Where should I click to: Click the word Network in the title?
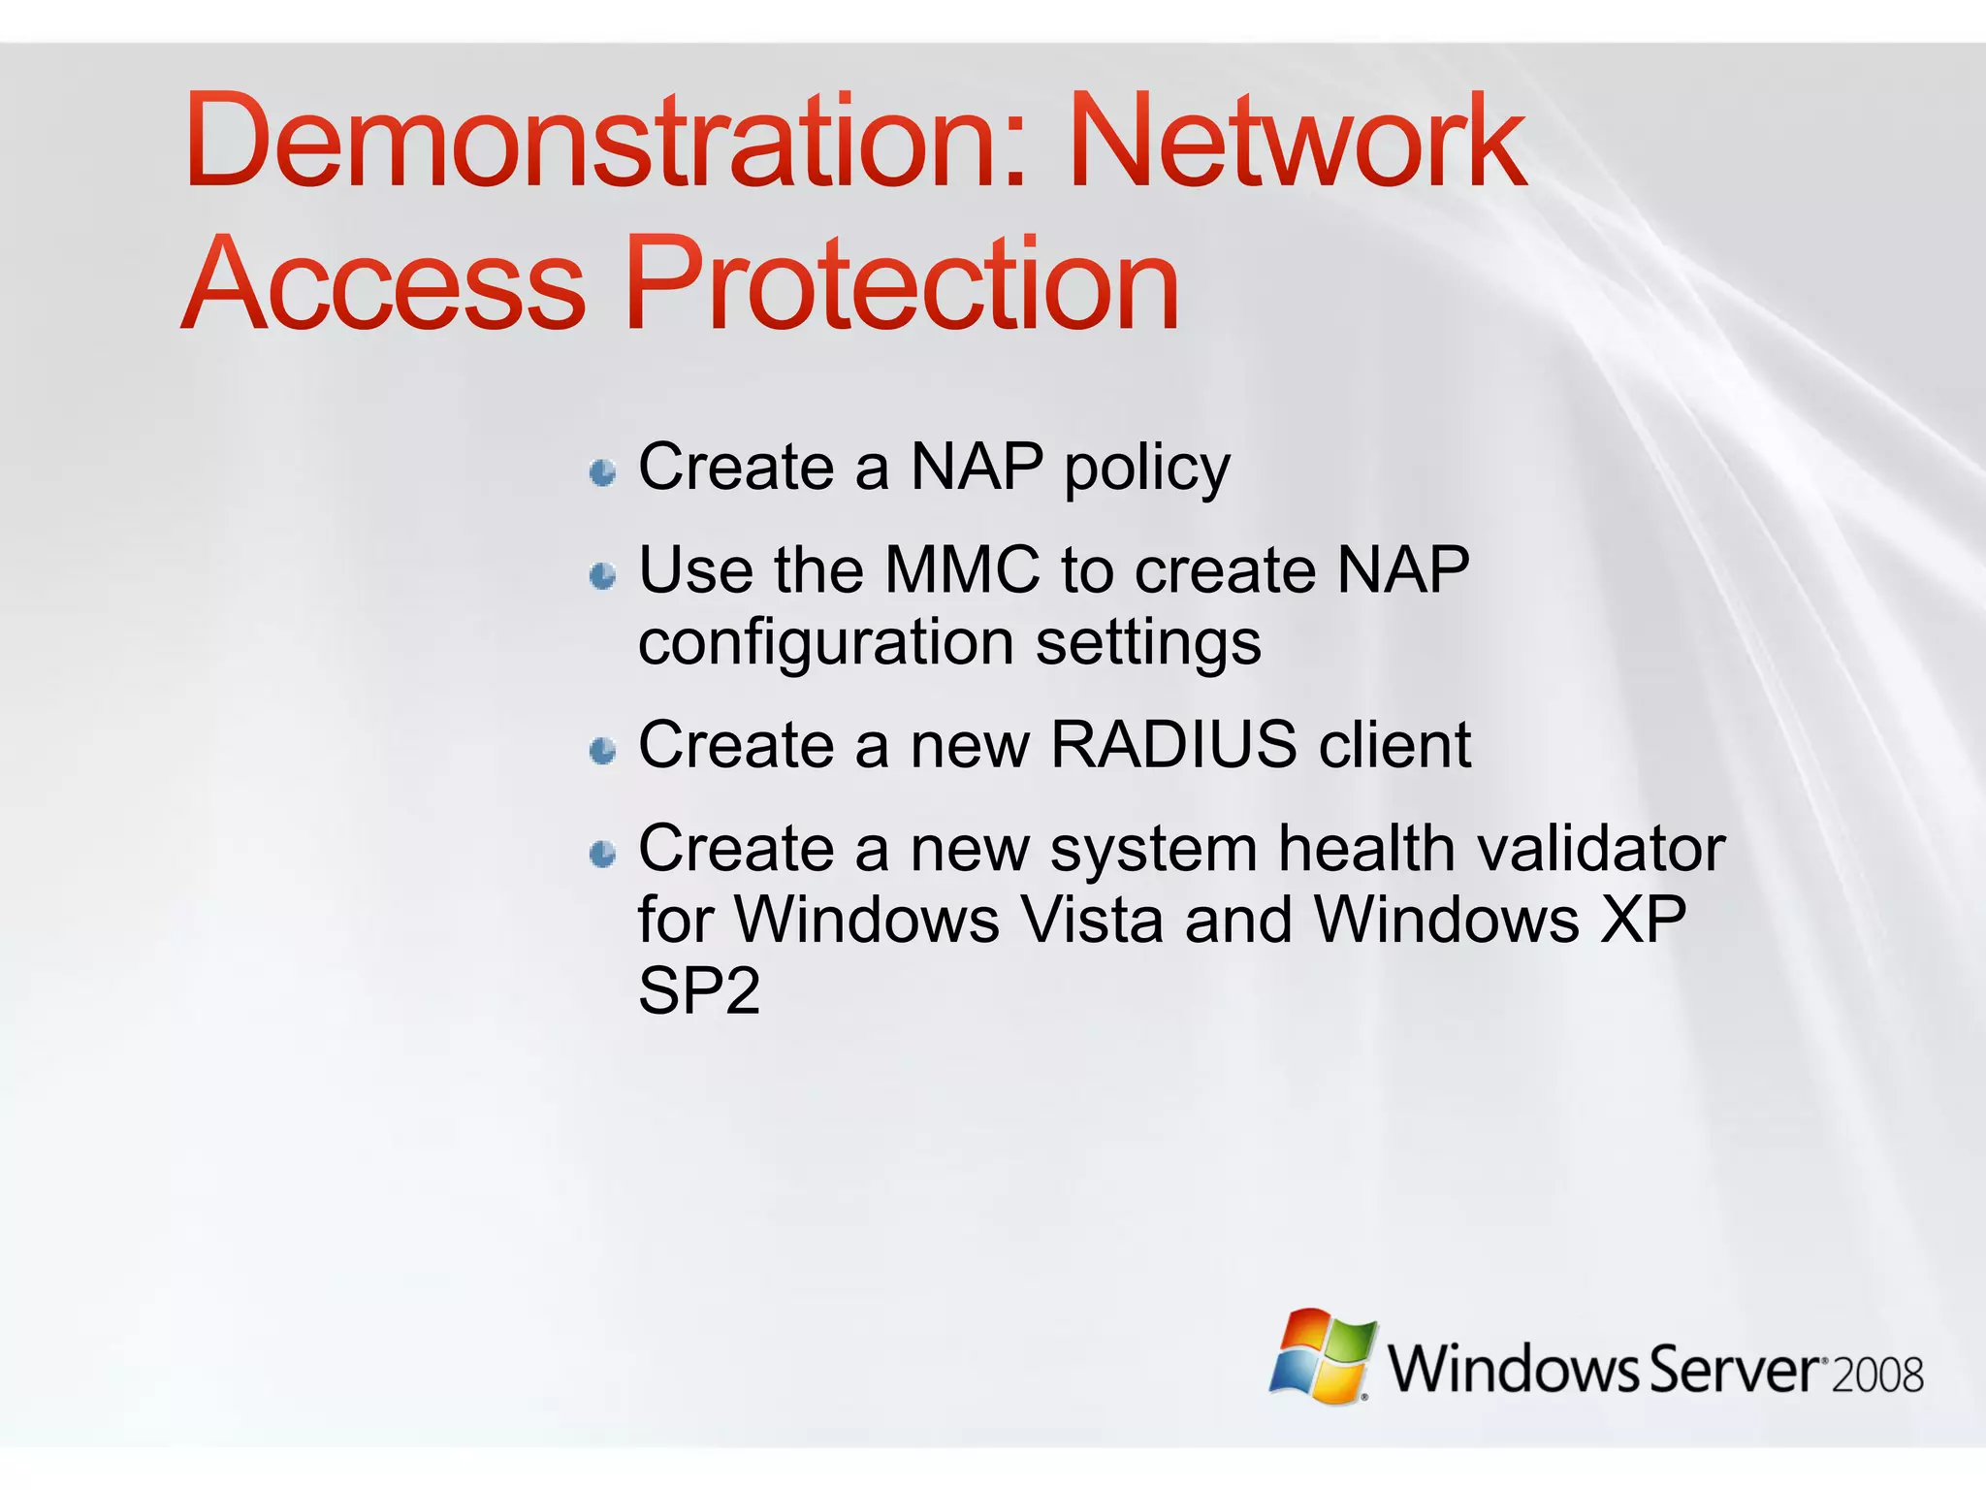[1297, 141]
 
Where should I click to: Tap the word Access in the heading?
[384, 285]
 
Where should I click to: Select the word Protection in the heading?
[902, 285]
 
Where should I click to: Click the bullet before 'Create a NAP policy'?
[603, 473]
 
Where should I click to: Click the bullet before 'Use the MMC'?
[603, 576]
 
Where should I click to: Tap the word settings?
[1148, 645]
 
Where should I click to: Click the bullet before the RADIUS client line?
[603, 751]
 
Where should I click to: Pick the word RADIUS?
[1173, 745]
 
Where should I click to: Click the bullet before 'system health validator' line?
[603, 854]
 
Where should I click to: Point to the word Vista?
[1093, 919]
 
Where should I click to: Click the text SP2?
[698, 991]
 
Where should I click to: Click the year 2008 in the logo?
[1878, 1376]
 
